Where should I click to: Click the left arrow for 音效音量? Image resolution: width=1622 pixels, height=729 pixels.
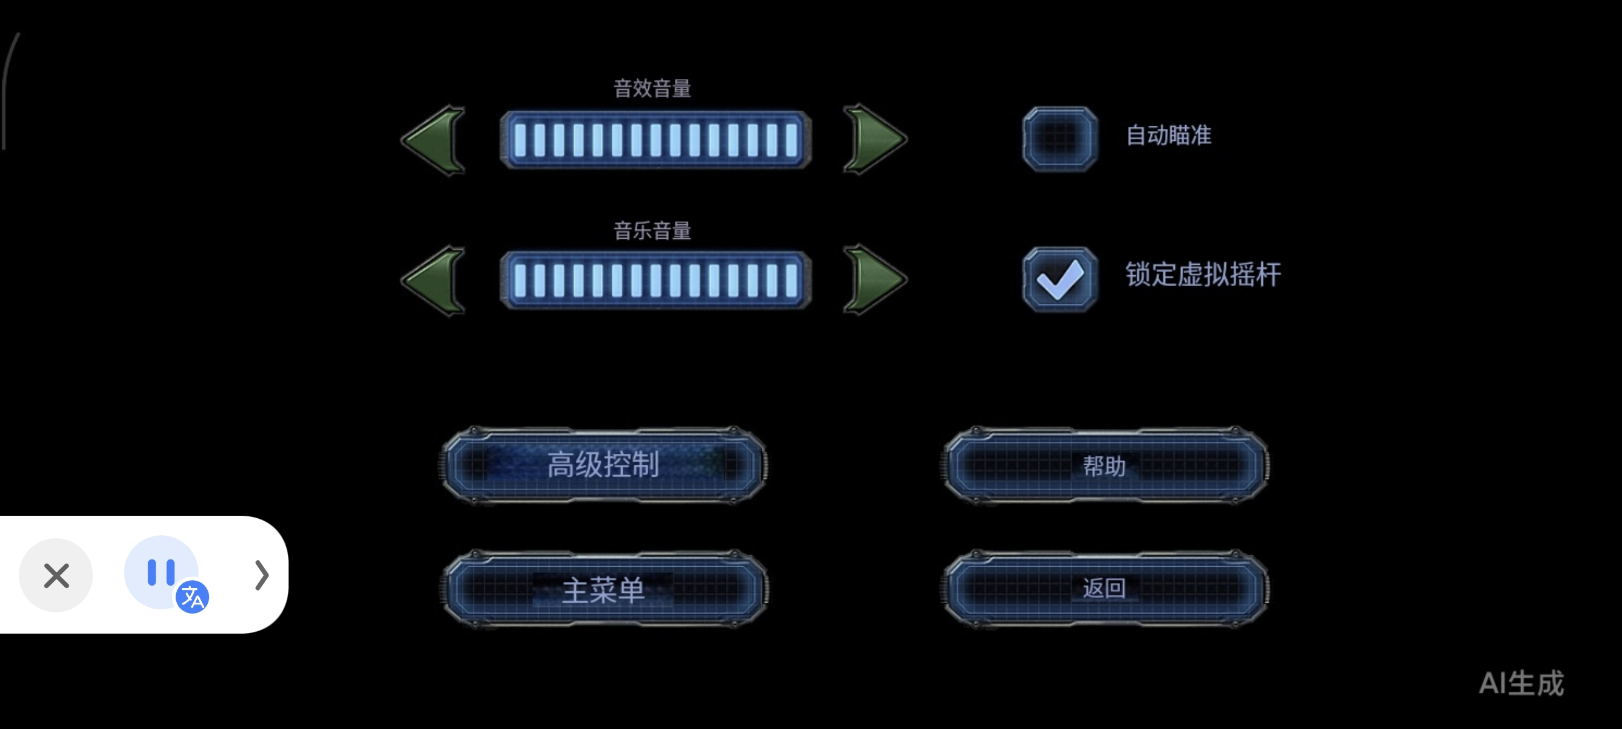[x=434, y=140]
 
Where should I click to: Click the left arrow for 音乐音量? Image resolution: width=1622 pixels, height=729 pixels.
[x=434, y=281]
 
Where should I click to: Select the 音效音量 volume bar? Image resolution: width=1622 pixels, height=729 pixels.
[x=655, y=140]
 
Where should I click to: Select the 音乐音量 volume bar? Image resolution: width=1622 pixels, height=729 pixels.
[x=655, y=280]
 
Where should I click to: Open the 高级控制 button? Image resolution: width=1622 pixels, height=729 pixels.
[x=603, y=465]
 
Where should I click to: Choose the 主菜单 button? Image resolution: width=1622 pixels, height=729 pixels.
[x=603, y=589]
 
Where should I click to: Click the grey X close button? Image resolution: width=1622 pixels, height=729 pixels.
[x=56, y=575]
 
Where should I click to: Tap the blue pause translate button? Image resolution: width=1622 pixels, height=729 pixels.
[x=162, y=572]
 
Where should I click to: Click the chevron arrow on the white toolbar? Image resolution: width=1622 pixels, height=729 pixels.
[x=261, y=575]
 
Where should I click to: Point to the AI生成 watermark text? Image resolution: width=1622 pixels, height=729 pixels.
[x=1521, y=683]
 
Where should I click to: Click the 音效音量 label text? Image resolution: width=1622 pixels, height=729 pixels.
[x=652, y=89]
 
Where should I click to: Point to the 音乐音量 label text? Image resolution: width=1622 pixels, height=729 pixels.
[x=652, y=231]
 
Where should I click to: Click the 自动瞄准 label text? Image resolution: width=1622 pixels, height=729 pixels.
[x=1168, y=135]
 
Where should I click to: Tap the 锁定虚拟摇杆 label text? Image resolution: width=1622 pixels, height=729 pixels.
[x=1203, y=275]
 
